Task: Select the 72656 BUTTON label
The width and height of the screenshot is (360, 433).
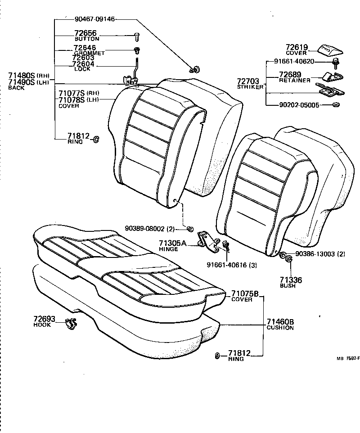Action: point(86,36)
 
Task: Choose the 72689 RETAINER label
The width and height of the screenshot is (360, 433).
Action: point(295,77)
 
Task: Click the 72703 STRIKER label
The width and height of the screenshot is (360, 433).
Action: point(250,84)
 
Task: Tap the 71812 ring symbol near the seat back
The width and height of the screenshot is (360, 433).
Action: point(95,140)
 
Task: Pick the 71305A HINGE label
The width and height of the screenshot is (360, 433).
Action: point(172,246)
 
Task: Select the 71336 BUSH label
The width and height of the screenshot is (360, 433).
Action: point(291,282)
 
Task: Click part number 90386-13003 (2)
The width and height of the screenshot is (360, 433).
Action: point(320,254)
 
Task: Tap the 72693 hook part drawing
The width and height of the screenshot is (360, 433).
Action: point(71,322)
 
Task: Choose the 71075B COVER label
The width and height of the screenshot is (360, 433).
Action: point(245,296)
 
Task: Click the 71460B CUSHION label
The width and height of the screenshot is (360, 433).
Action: point(280,324)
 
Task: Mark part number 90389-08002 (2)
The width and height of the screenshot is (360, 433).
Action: point(154,229)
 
